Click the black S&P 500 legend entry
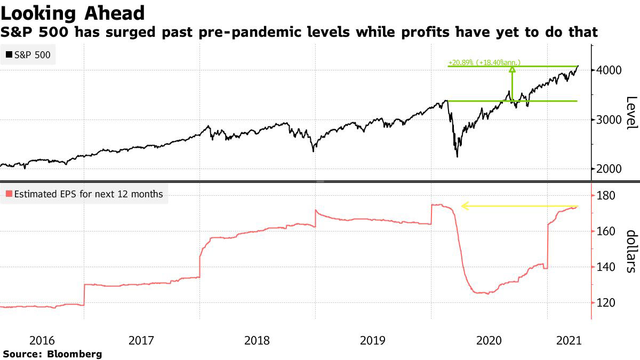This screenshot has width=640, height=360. tap(29, 54)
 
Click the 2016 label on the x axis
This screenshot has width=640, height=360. tap(43, 340)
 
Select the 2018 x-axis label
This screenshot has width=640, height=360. tap(257, 340)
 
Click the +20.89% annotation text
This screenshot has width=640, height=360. tap(484, 62)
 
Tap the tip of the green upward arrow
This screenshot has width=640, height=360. tap(512, 68)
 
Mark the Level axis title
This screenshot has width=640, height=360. tap(631, 112)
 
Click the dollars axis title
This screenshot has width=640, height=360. tap(631, 251)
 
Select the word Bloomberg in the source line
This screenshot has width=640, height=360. tap(75, 354)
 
